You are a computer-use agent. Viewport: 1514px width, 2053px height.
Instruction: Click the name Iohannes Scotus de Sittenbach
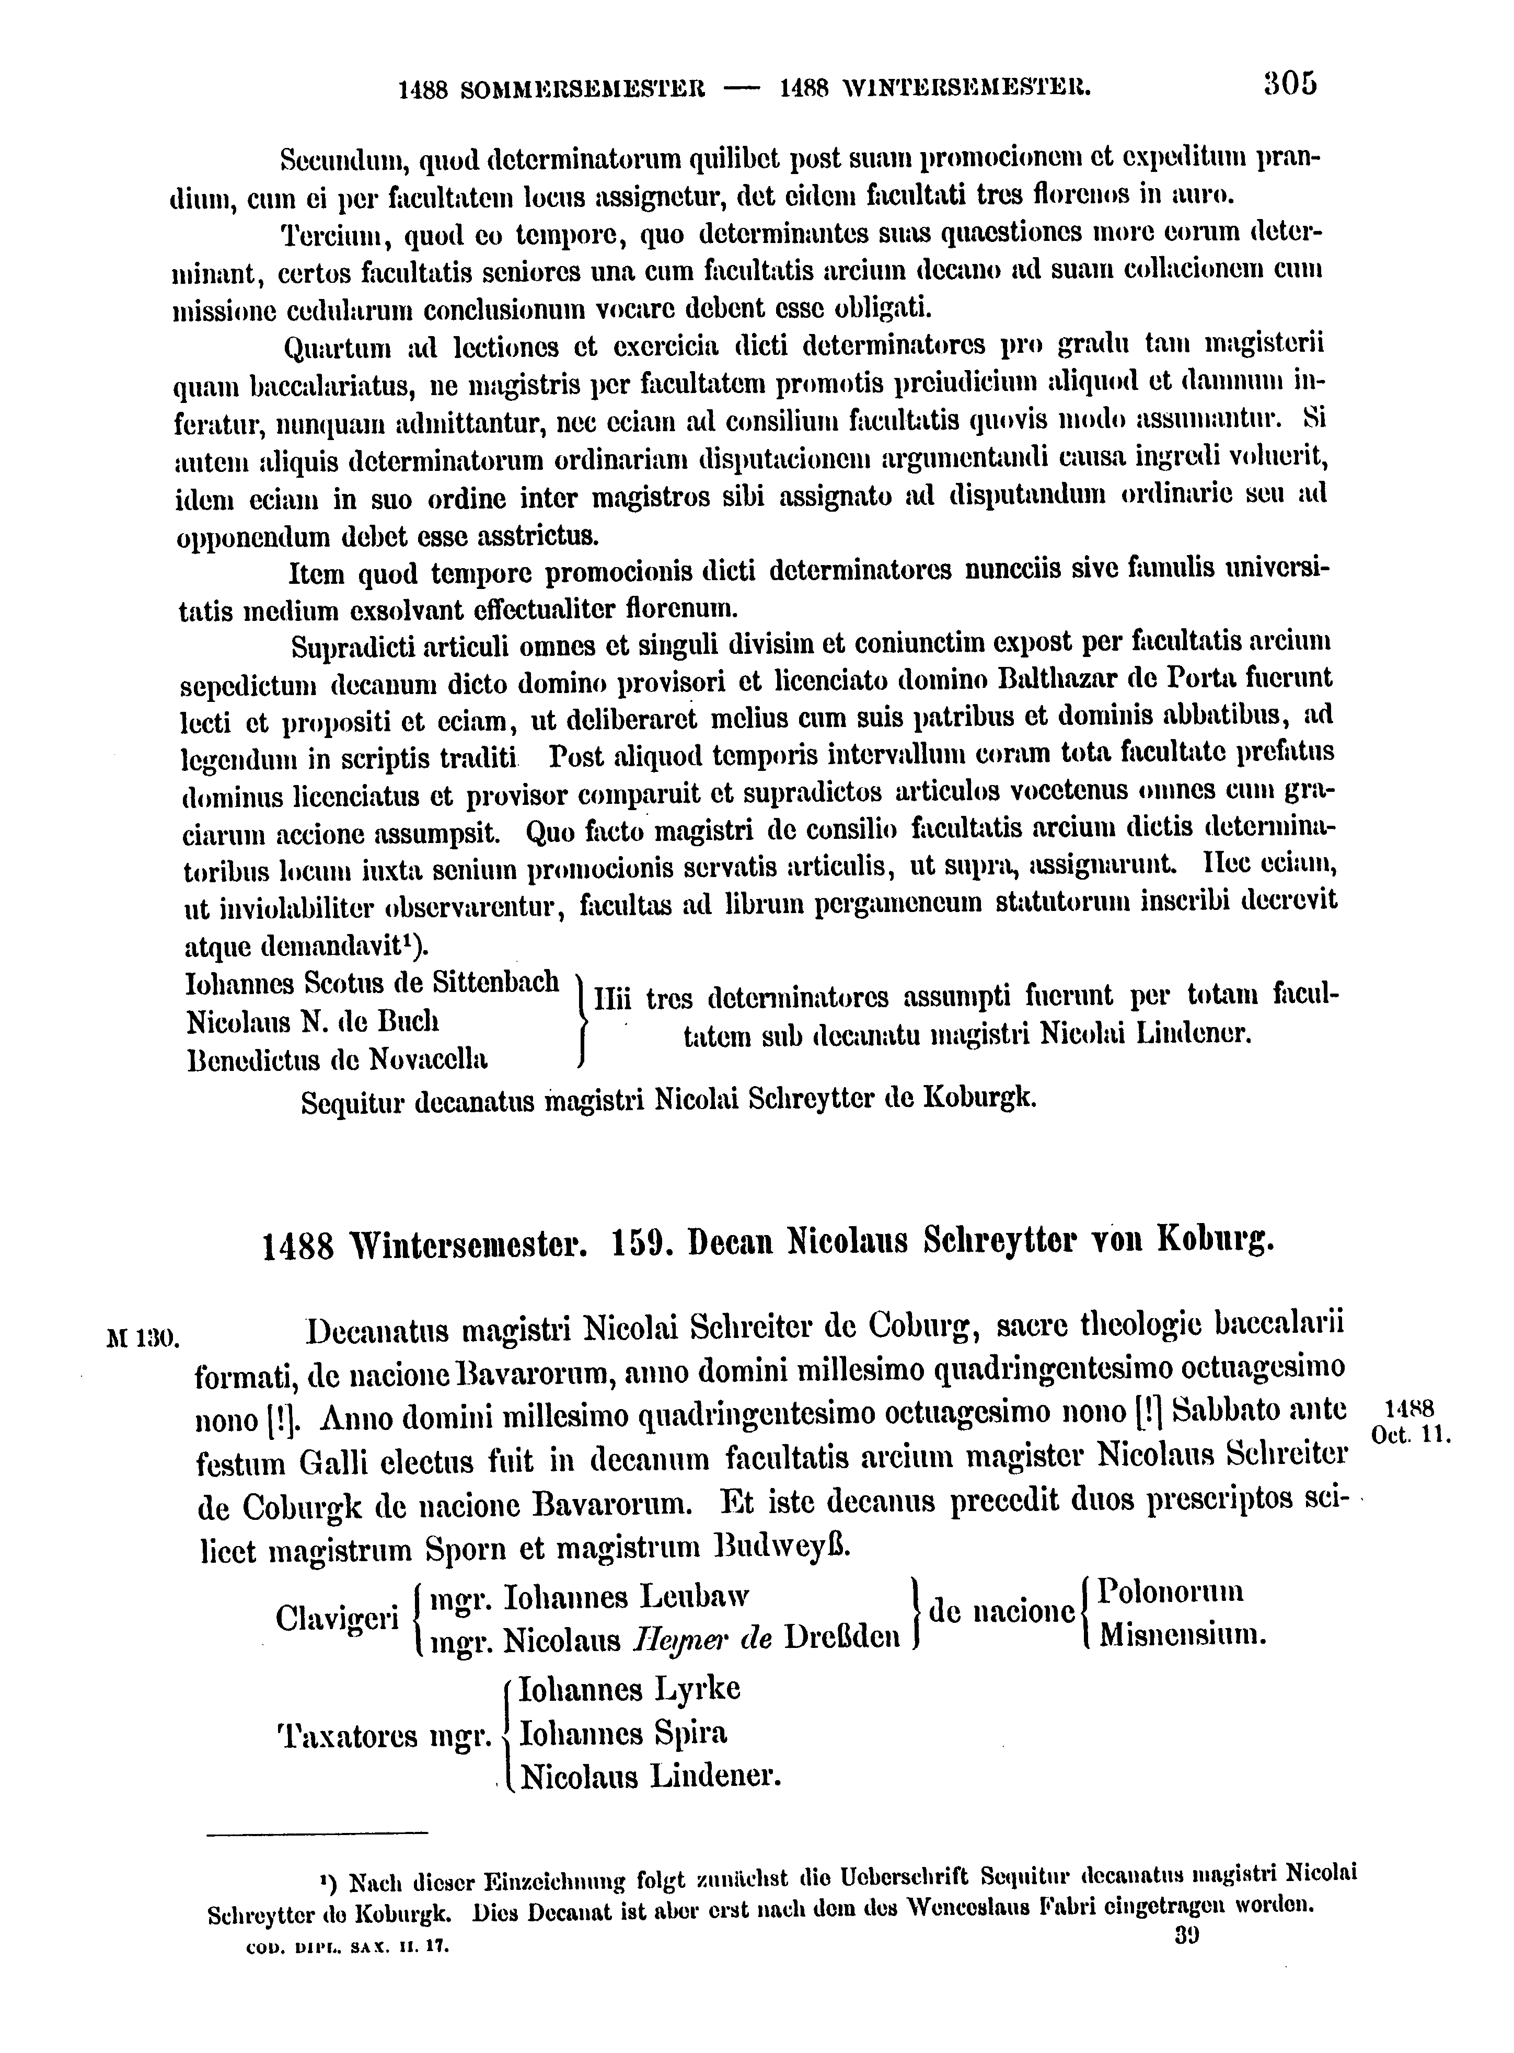372,984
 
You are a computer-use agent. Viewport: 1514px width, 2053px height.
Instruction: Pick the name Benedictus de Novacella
336,1060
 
